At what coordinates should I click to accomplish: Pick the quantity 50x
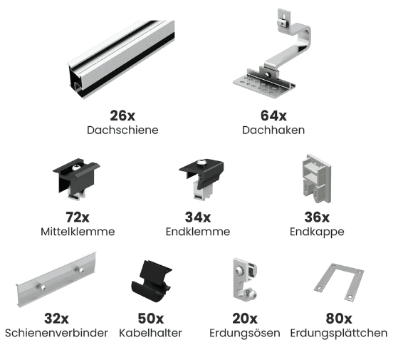(x=150, y=319)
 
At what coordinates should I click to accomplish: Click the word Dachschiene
(x=122, y=130)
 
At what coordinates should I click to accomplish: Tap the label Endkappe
(x=317, y=232)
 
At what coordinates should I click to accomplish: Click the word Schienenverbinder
(x=56, y=333)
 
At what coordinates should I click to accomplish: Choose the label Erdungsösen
(x=244, y=333)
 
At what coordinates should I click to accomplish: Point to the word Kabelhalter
(x=150, y=333)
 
